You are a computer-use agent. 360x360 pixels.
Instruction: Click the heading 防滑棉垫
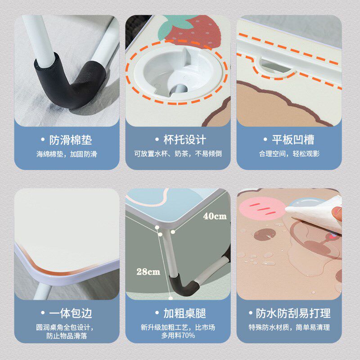(x=69, y=139)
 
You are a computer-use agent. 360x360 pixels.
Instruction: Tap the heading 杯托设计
(x=180, y=139)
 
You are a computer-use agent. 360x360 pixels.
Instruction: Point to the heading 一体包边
(x=69, y=313)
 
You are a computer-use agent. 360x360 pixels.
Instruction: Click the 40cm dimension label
(x=215, y=216)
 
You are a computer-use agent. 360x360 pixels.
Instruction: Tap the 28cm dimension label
(x=148, y=271)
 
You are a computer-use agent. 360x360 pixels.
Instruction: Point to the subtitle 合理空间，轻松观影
(x=289, y=154)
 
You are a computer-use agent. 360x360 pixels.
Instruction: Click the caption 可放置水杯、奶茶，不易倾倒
(x=178, y=154)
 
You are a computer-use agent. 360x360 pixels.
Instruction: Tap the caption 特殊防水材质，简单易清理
(x=289, y=327)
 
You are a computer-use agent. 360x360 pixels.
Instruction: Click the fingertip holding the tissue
(x=337, y=211)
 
